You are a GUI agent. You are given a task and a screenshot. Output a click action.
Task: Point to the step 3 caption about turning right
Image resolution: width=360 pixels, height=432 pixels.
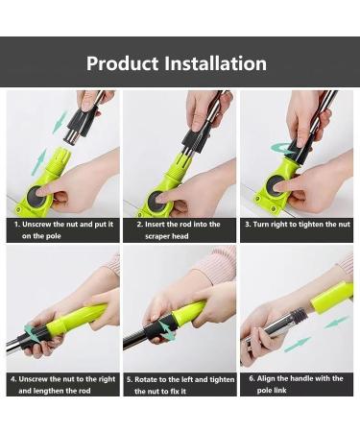(298, 224)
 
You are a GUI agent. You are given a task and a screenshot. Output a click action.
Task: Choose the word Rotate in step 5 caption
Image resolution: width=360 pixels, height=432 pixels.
(157, 378)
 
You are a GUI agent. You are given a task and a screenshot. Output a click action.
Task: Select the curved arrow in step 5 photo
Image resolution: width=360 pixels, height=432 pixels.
(165, 329)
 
